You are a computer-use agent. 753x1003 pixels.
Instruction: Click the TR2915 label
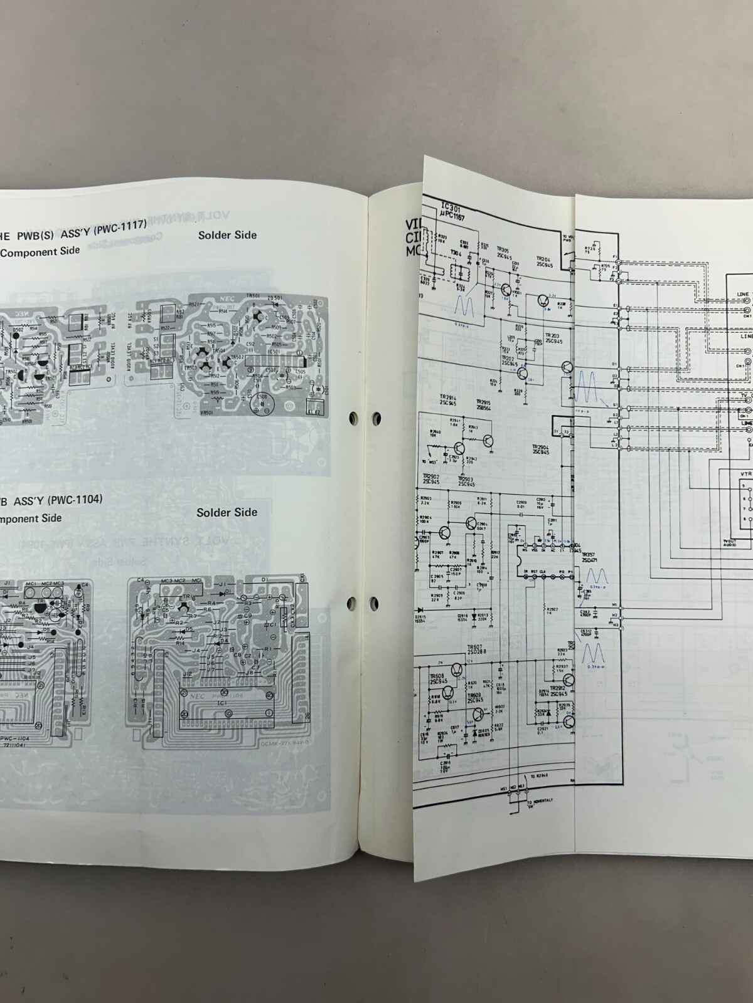point(483,405)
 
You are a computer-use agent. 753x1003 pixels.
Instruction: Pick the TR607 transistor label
point(474,648)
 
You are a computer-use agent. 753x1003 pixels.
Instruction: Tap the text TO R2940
point(540,776)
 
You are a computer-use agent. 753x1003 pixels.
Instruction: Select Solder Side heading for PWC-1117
point(227,235)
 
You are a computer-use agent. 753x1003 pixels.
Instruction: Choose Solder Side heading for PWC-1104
point(227,512)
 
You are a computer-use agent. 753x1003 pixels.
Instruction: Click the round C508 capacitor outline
point(262,406)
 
